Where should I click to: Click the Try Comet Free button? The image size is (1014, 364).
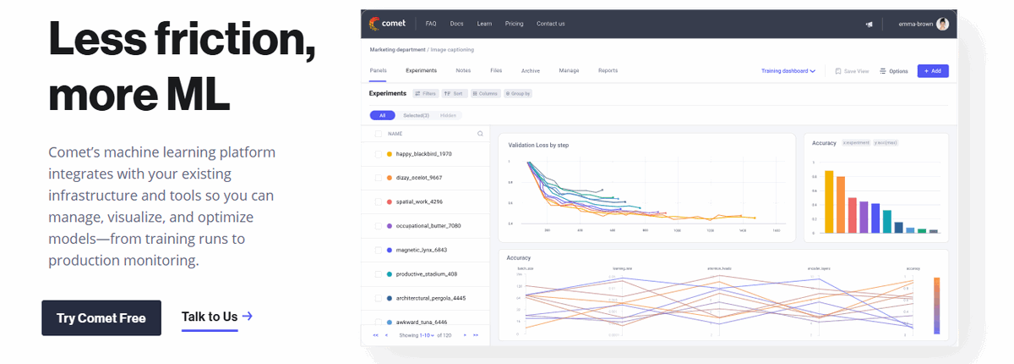(x=101, y=318)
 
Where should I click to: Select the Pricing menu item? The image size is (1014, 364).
(x=514, y=24)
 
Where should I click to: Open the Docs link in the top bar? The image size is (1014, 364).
(x=456, y=24)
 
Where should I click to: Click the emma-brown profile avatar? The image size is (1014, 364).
(x=942, y=24)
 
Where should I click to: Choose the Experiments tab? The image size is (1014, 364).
(x=421, y=71)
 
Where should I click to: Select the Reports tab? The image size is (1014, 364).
(x=608, y=71)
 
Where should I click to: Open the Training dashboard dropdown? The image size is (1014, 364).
(x=788, y=71)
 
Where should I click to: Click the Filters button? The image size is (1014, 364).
(x=425, y=94)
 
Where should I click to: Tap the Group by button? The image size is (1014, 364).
(x=517, y=94)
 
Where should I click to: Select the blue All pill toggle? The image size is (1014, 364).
(x=382, y=115)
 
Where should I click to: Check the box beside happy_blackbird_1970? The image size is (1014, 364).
(x=378, y=154)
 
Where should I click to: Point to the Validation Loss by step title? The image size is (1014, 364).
(x=538, y=146)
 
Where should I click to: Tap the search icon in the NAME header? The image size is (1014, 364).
(x=480, y=134)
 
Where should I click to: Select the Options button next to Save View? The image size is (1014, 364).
(x=894, y=71)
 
